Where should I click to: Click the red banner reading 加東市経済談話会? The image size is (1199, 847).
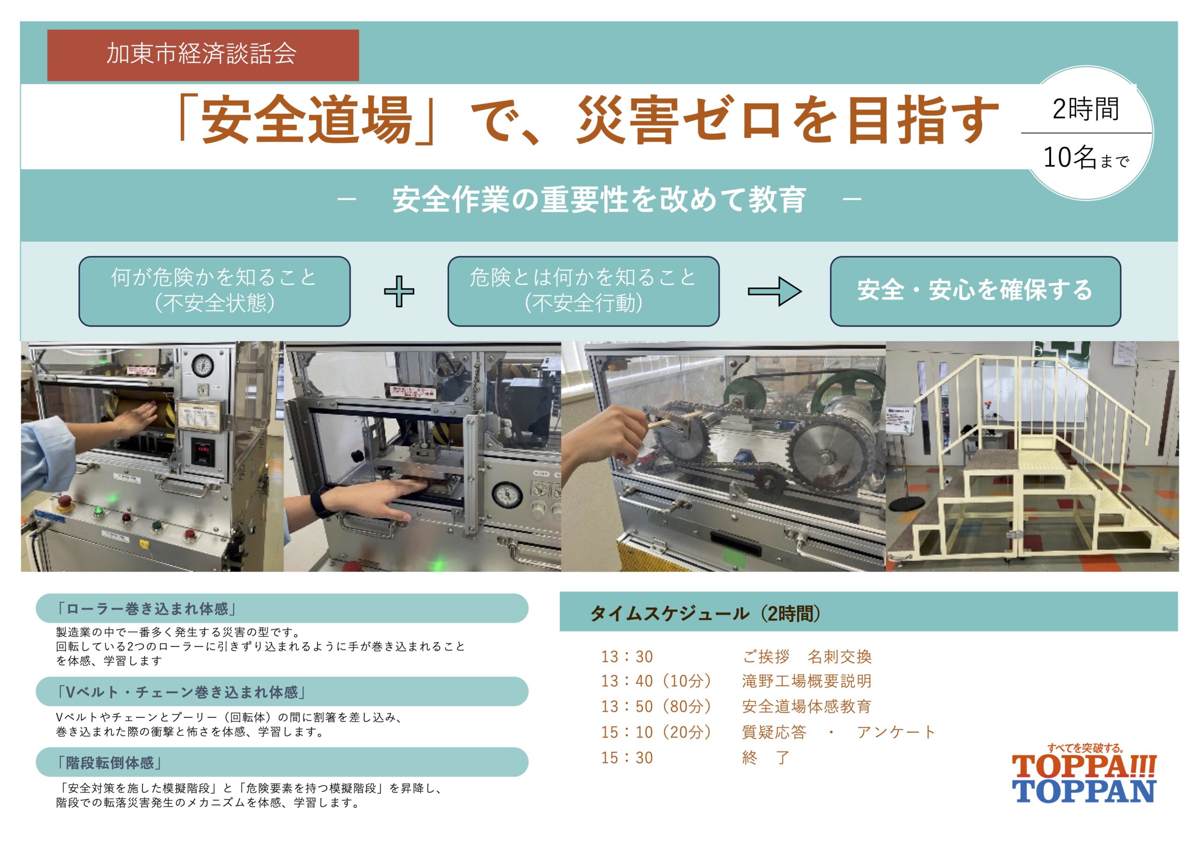click(x=203, y=55)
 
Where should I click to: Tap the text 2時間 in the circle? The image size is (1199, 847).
click(x=1086, y=109)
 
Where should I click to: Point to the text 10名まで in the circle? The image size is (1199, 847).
click(x=1086, y=157)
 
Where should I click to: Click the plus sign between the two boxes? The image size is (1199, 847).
click(x=399, y=291)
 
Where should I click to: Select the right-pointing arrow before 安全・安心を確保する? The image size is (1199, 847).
click(x=775, y=291)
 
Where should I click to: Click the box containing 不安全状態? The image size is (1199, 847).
click(x=215, y=291)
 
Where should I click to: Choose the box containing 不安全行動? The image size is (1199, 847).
click(x=583, y=291)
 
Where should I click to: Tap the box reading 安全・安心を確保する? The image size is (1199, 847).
click(x=976, y=291)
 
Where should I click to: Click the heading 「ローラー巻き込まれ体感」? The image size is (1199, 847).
click(x=147, y=609)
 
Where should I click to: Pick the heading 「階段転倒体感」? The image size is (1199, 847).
click(x=109, y=763)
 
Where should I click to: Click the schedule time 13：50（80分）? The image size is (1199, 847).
click(x=657, y=707)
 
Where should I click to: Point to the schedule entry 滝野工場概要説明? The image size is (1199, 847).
click(x=807, y=681)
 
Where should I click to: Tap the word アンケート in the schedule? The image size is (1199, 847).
click(x=896, y=732)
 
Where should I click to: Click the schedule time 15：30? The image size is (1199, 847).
click(x=627, y=758)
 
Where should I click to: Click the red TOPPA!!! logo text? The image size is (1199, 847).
click(x=1084, y=766)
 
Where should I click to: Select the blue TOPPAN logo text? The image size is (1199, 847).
click(x=1084, y=791)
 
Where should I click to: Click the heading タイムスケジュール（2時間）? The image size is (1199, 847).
click(x=705, y=613)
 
